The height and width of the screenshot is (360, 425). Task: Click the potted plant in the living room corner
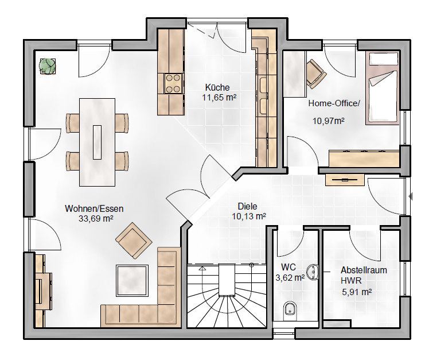(x=48, y=66)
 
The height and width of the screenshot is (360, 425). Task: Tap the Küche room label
(x=217, y=87)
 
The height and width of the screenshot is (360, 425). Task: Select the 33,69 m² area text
(x=96, y=218)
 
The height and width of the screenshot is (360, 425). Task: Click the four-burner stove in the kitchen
(x=173, y=83)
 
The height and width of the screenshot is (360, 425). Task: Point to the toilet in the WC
(x=290, y=311)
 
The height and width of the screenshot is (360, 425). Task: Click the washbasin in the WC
(x=313, y=272)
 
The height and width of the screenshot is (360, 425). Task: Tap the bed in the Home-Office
(x=382, y=88)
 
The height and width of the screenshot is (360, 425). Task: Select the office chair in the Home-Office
(x=316, y=74)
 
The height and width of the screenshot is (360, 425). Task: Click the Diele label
(x=247, y=207)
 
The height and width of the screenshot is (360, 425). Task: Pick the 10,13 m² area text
(x=248, y=216)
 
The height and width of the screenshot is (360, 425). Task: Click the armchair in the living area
(x=134, y=241)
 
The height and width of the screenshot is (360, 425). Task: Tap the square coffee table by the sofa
(x=132, y=281)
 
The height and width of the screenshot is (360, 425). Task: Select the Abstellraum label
(x=364, y=270)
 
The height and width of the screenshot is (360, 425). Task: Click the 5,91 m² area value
(x=357, y=292)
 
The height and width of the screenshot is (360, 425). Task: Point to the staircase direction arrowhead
(x=202, y=269)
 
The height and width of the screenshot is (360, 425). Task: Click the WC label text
(x=288, y=267)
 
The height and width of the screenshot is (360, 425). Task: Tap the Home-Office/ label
(x=334, y=103)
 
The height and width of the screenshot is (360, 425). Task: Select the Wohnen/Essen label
(x=94, y=208)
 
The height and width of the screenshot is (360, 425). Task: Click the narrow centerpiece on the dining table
(x=97, y=142)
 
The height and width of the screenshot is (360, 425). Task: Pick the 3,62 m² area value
(x=290, y=277)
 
